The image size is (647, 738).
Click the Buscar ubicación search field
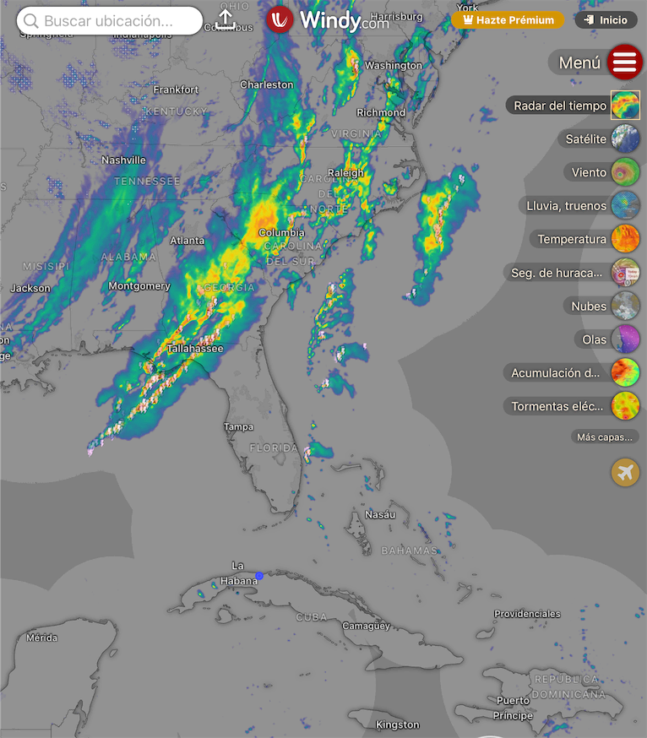(x=110, y=21)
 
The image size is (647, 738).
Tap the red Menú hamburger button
(x=624, y=62)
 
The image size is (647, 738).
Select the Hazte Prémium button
(x=508, y=19)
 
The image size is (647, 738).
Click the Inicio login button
(x=606, y=19)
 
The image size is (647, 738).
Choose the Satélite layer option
(x=625, y=138)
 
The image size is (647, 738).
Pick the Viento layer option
(x=625, y=172)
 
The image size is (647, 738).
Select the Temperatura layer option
(x=625, y=239)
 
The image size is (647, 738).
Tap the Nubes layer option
(x=625, y=306)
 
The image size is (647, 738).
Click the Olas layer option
(x=625, y=339)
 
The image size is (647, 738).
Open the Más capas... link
(x=604, y=437)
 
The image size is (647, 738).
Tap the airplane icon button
(x=625, y=472)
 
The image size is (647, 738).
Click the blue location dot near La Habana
(x=259, y=576)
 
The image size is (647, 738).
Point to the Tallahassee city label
(x=195, y=348)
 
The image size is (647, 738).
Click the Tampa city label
(x=238, y=427)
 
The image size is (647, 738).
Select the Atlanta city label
(x=187, y=241)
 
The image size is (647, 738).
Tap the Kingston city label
(x=397, y=724)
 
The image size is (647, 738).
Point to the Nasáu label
(x=380, y=514)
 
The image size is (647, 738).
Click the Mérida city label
(x=42, y=638)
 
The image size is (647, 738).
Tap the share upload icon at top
(x=226, y=19)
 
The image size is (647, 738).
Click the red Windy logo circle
(x=280, y=19)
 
